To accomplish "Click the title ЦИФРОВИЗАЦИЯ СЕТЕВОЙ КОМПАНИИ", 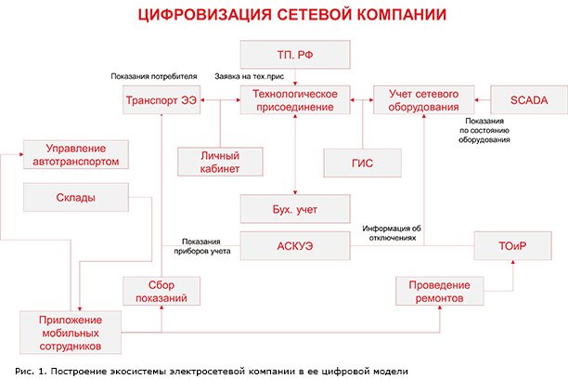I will (x=284, y=15).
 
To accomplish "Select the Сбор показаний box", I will (x=163, y=292).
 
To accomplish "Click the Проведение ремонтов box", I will (x=439, y=291).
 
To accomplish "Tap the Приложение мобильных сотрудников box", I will (x=74, y=332).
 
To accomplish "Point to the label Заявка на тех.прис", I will (x=248, y=76).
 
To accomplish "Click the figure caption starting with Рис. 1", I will (x=204, y=371).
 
